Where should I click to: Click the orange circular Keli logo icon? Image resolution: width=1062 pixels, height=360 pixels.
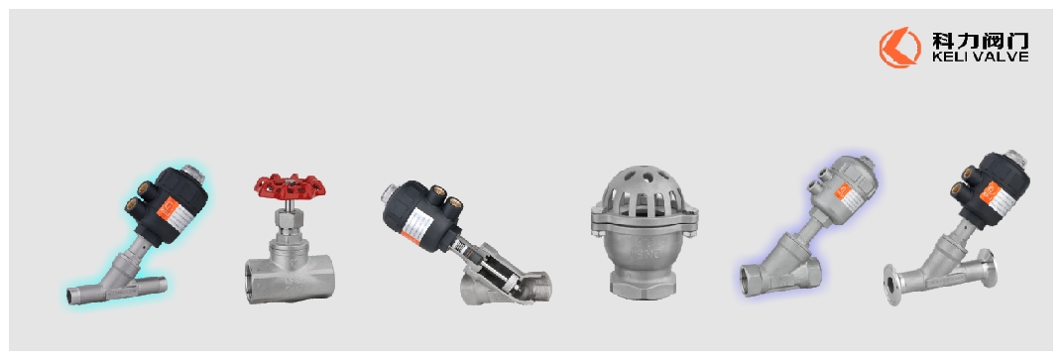click(x=899, y=48)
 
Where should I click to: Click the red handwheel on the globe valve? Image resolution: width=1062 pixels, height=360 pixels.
click(x=290, y=187)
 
